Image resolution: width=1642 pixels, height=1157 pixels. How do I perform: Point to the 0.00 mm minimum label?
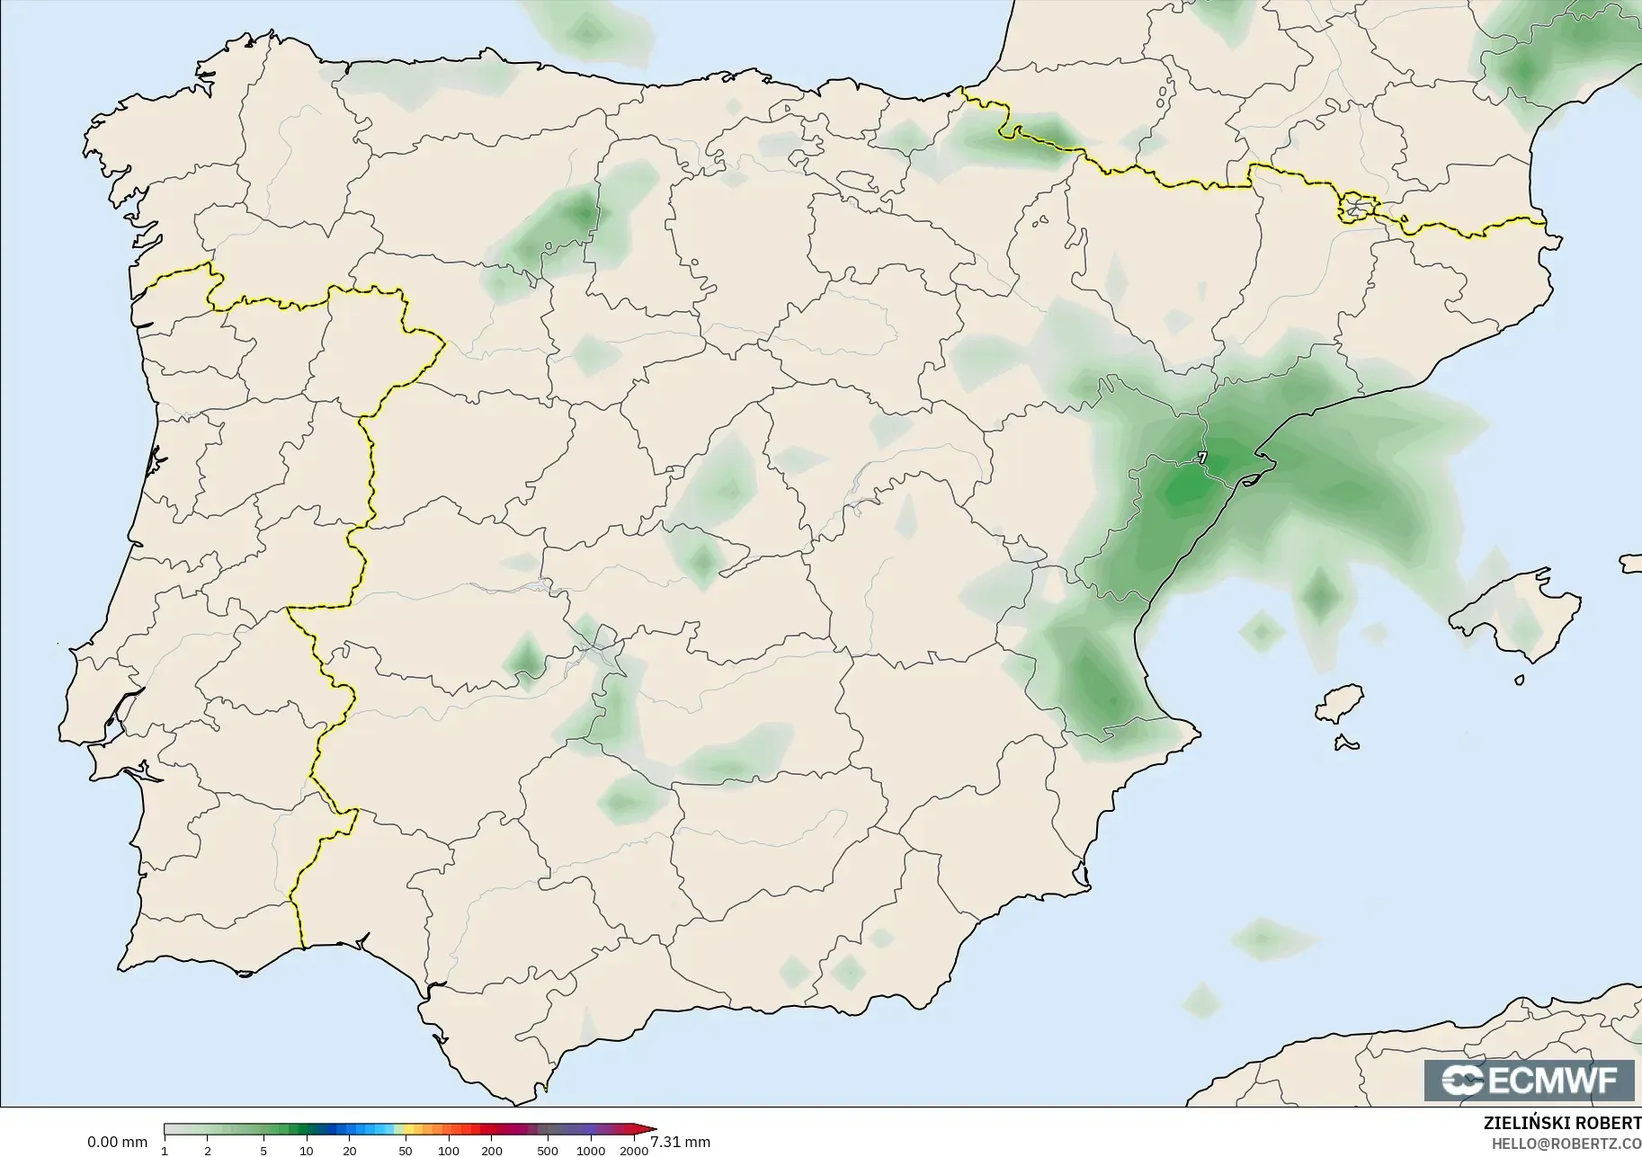[117, 1143]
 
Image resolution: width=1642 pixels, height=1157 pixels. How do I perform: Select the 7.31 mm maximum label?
[680, 1143]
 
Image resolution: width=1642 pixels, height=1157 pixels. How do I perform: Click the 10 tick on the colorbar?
[307, 1151]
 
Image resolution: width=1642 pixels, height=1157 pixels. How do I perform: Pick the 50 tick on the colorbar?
[406, 1151]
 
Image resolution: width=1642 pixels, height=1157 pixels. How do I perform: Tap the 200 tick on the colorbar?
[491, 1151]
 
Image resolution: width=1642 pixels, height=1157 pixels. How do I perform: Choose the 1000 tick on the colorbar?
[590, 1151]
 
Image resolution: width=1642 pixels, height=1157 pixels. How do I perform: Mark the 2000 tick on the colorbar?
[634, 1151]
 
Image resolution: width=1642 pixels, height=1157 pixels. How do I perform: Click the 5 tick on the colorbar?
[263, 1151]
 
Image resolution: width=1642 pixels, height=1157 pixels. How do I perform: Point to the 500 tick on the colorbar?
[548, 1151]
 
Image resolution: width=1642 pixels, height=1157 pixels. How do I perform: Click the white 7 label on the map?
[1202, 458]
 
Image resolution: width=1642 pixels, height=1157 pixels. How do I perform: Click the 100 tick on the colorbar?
[448, 1151]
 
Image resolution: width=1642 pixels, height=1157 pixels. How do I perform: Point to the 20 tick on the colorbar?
[349, 1151]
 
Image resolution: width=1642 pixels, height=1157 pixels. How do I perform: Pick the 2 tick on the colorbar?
[208, 1151]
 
